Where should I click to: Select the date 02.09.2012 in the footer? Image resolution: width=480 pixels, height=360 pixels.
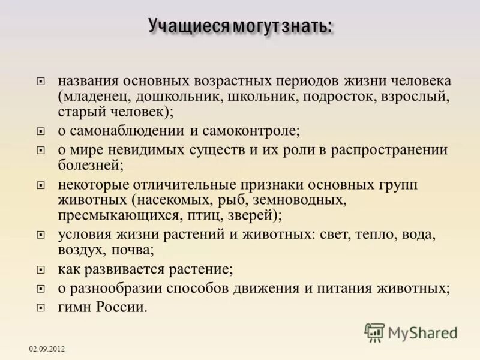click(47, 349)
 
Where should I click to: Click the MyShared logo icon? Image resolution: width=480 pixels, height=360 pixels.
click(374, 332)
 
